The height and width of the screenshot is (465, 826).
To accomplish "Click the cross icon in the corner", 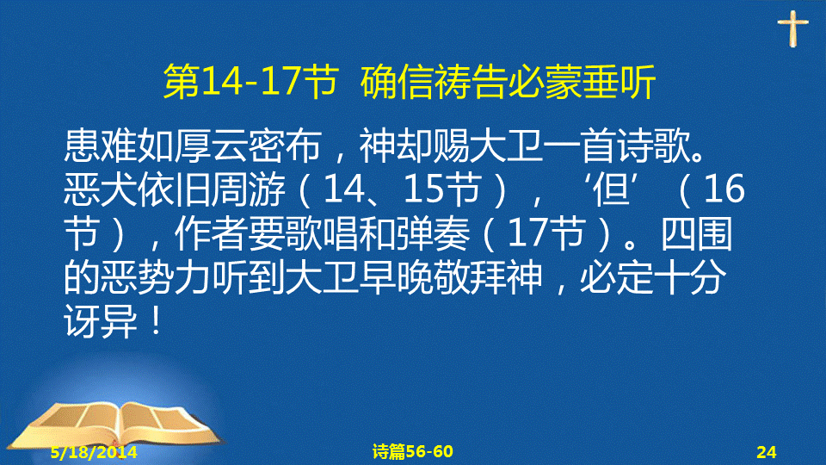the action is [x=792, y=28].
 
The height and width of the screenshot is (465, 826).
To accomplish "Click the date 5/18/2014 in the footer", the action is [x=94, y=452].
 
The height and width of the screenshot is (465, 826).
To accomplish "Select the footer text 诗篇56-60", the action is [x=412, y=452].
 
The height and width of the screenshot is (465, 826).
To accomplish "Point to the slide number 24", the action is [x=767, y=452].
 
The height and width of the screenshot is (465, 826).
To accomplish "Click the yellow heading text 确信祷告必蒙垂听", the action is [x=508, y=82].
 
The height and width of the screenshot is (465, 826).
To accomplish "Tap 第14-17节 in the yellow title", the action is [x=250, y=82].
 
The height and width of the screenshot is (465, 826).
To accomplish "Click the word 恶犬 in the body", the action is [x=100, y=189].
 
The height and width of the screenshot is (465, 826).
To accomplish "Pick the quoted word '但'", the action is [x=612, y=189].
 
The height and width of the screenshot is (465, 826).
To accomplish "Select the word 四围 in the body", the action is [x=696, y=233].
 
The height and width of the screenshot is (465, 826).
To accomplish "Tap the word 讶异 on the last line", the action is [x=100, y=321].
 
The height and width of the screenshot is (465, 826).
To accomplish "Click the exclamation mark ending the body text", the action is [x=156, y=321].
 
